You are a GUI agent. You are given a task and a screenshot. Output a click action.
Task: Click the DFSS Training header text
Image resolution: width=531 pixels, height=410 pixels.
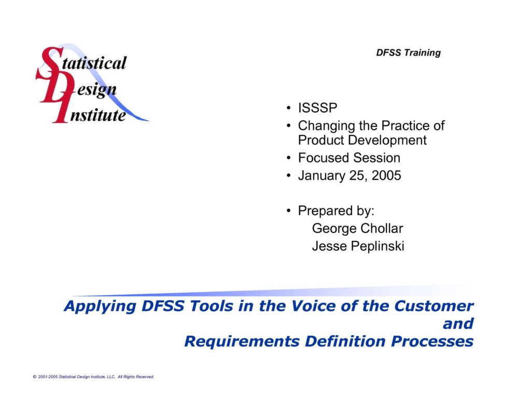(408, 52)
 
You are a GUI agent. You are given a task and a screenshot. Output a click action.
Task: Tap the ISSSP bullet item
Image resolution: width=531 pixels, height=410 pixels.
(317, 109)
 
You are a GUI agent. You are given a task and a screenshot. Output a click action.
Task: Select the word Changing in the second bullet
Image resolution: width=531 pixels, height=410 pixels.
(326, 126)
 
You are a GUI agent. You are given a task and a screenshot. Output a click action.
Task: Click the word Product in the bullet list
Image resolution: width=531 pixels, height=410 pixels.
(321, 140)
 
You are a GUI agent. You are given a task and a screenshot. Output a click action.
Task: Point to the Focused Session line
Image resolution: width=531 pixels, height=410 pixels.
(349, 158)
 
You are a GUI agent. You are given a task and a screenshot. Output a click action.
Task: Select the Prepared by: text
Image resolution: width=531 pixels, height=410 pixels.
(336, 211)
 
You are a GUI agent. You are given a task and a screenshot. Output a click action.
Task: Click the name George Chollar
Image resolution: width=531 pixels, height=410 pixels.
(357, 228)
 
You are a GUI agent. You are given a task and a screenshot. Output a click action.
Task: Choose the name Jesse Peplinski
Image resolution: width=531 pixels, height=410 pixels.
(358, 246)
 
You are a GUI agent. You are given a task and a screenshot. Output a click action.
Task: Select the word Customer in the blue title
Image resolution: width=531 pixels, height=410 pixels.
(434, 306)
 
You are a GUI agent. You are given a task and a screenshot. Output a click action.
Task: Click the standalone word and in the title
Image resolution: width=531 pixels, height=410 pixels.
(458, 324)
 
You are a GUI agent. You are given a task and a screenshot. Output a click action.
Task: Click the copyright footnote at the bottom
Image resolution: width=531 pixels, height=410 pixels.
(93, 377)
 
